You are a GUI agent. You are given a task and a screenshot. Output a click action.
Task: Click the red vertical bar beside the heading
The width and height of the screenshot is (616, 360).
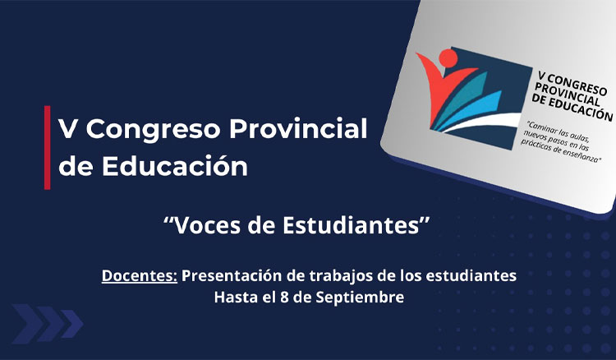click(47, 147)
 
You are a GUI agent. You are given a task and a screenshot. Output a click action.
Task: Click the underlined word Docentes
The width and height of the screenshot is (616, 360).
click(140, 275)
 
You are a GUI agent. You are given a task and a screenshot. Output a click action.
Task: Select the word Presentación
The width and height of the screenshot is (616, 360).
click(233, 275)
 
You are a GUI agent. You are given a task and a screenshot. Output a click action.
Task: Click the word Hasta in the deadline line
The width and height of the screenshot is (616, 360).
click(235, 297)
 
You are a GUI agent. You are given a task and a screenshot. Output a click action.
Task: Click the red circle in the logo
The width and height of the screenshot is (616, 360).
click(448, 58)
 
